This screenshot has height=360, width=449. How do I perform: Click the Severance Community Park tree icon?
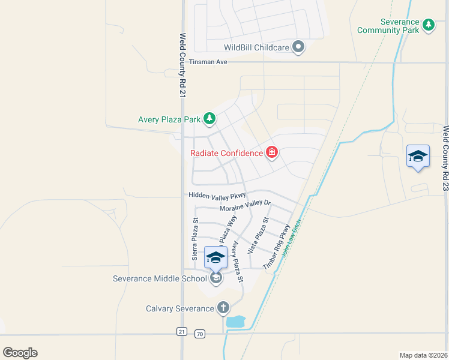428,25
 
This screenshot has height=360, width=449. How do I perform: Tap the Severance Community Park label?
388,26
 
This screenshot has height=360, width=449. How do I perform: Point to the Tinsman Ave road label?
208,62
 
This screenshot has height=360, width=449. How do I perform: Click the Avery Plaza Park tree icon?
209,119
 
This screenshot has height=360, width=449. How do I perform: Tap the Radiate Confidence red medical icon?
272,153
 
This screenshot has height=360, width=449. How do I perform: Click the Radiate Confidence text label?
227,153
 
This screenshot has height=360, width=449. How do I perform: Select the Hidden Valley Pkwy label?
217,195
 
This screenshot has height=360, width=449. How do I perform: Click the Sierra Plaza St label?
195,239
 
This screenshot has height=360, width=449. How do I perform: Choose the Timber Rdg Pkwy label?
276,246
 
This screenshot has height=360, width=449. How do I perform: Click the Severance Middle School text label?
160,278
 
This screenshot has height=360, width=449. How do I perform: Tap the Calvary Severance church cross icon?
223,308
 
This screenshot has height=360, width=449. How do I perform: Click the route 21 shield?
182,332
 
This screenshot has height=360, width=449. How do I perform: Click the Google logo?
20,353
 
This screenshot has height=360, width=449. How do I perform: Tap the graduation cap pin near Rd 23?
418,157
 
